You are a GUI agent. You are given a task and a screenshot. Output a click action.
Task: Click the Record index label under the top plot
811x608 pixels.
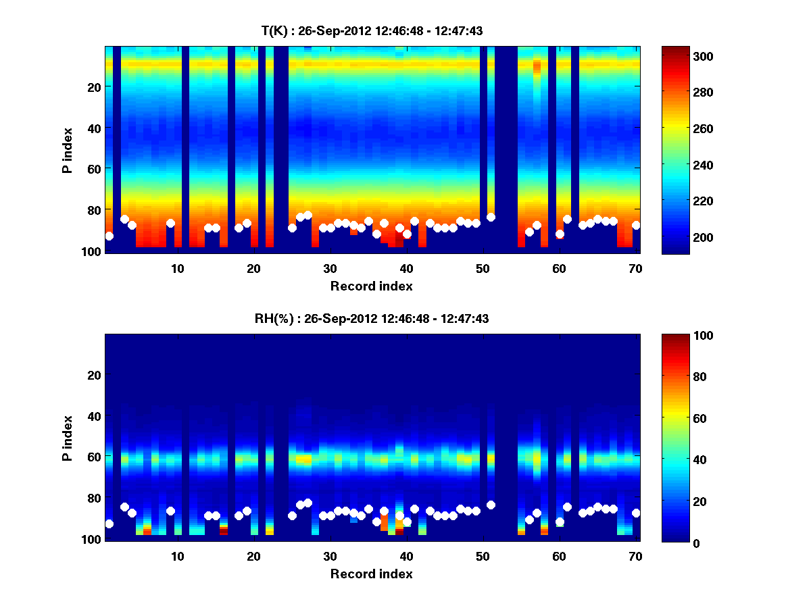[372, 286]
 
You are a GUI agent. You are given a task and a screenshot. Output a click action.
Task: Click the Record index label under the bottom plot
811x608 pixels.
[372, 574]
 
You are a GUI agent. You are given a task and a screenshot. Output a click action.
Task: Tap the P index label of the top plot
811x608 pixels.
[68, 150]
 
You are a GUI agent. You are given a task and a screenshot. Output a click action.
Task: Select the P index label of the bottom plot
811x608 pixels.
[68, 438]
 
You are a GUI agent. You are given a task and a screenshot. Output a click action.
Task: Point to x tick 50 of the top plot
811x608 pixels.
[483, 268]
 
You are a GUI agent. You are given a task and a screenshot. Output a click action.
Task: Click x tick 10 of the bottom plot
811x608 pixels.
[177, 556]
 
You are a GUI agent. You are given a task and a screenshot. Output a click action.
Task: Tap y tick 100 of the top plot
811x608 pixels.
[93, 251]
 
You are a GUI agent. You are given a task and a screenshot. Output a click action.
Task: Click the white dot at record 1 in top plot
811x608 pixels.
[109, 236]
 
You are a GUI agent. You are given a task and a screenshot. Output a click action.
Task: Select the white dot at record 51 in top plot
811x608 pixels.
[491, 217]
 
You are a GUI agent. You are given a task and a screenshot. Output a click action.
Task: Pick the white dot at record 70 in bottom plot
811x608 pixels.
[636, 513]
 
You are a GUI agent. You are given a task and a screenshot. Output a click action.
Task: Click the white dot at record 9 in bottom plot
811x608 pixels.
[170, 511]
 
